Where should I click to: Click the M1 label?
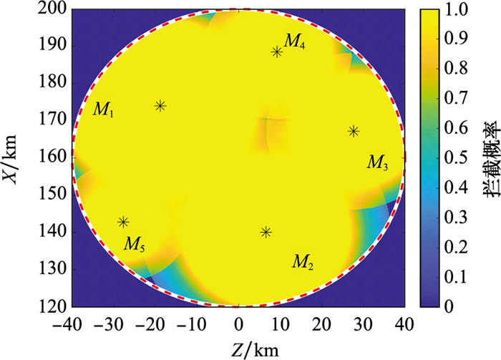tap(103, 110)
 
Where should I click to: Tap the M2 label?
tap(303, 262)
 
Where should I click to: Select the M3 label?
tap(378, 162)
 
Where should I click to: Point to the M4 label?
tap(294, 42)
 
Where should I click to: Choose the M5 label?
tap(135, 244)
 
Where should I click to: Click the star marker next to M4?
tap(277, 52)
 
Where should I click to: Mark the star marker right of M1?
tap(160, 106)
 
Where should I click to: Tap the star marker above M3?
tap(354, 131)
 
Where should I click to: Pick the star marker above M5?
tap(124, 222)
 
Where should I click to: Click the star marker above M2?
tap(266, 232)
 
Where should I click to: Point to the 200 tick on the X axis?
tap(53, 9)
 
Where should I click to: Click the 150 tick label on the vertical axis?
tap(53, 195)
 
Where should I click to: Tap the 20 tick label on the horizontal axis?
tap(321, 324)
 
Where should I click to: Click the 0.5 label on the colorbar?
tap(456, 158)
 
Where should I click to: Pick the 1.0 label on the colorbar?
tap(456, 9)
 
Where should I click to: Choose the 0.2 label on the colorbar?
tap(456, 248)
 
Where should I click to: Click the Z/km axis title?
tap(255, 350)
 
